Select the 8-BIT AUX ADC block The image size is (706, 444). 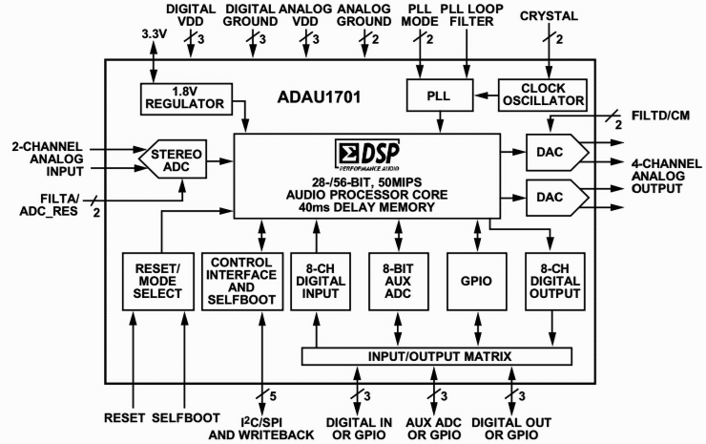(x=398, y=281)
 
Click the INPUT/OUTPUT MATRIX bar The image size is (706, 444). (x=437, y=356)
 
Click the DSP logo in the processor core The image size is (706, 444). (x=370, y=156)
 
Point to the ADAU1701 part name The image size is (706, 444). (x=325, y=95)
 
